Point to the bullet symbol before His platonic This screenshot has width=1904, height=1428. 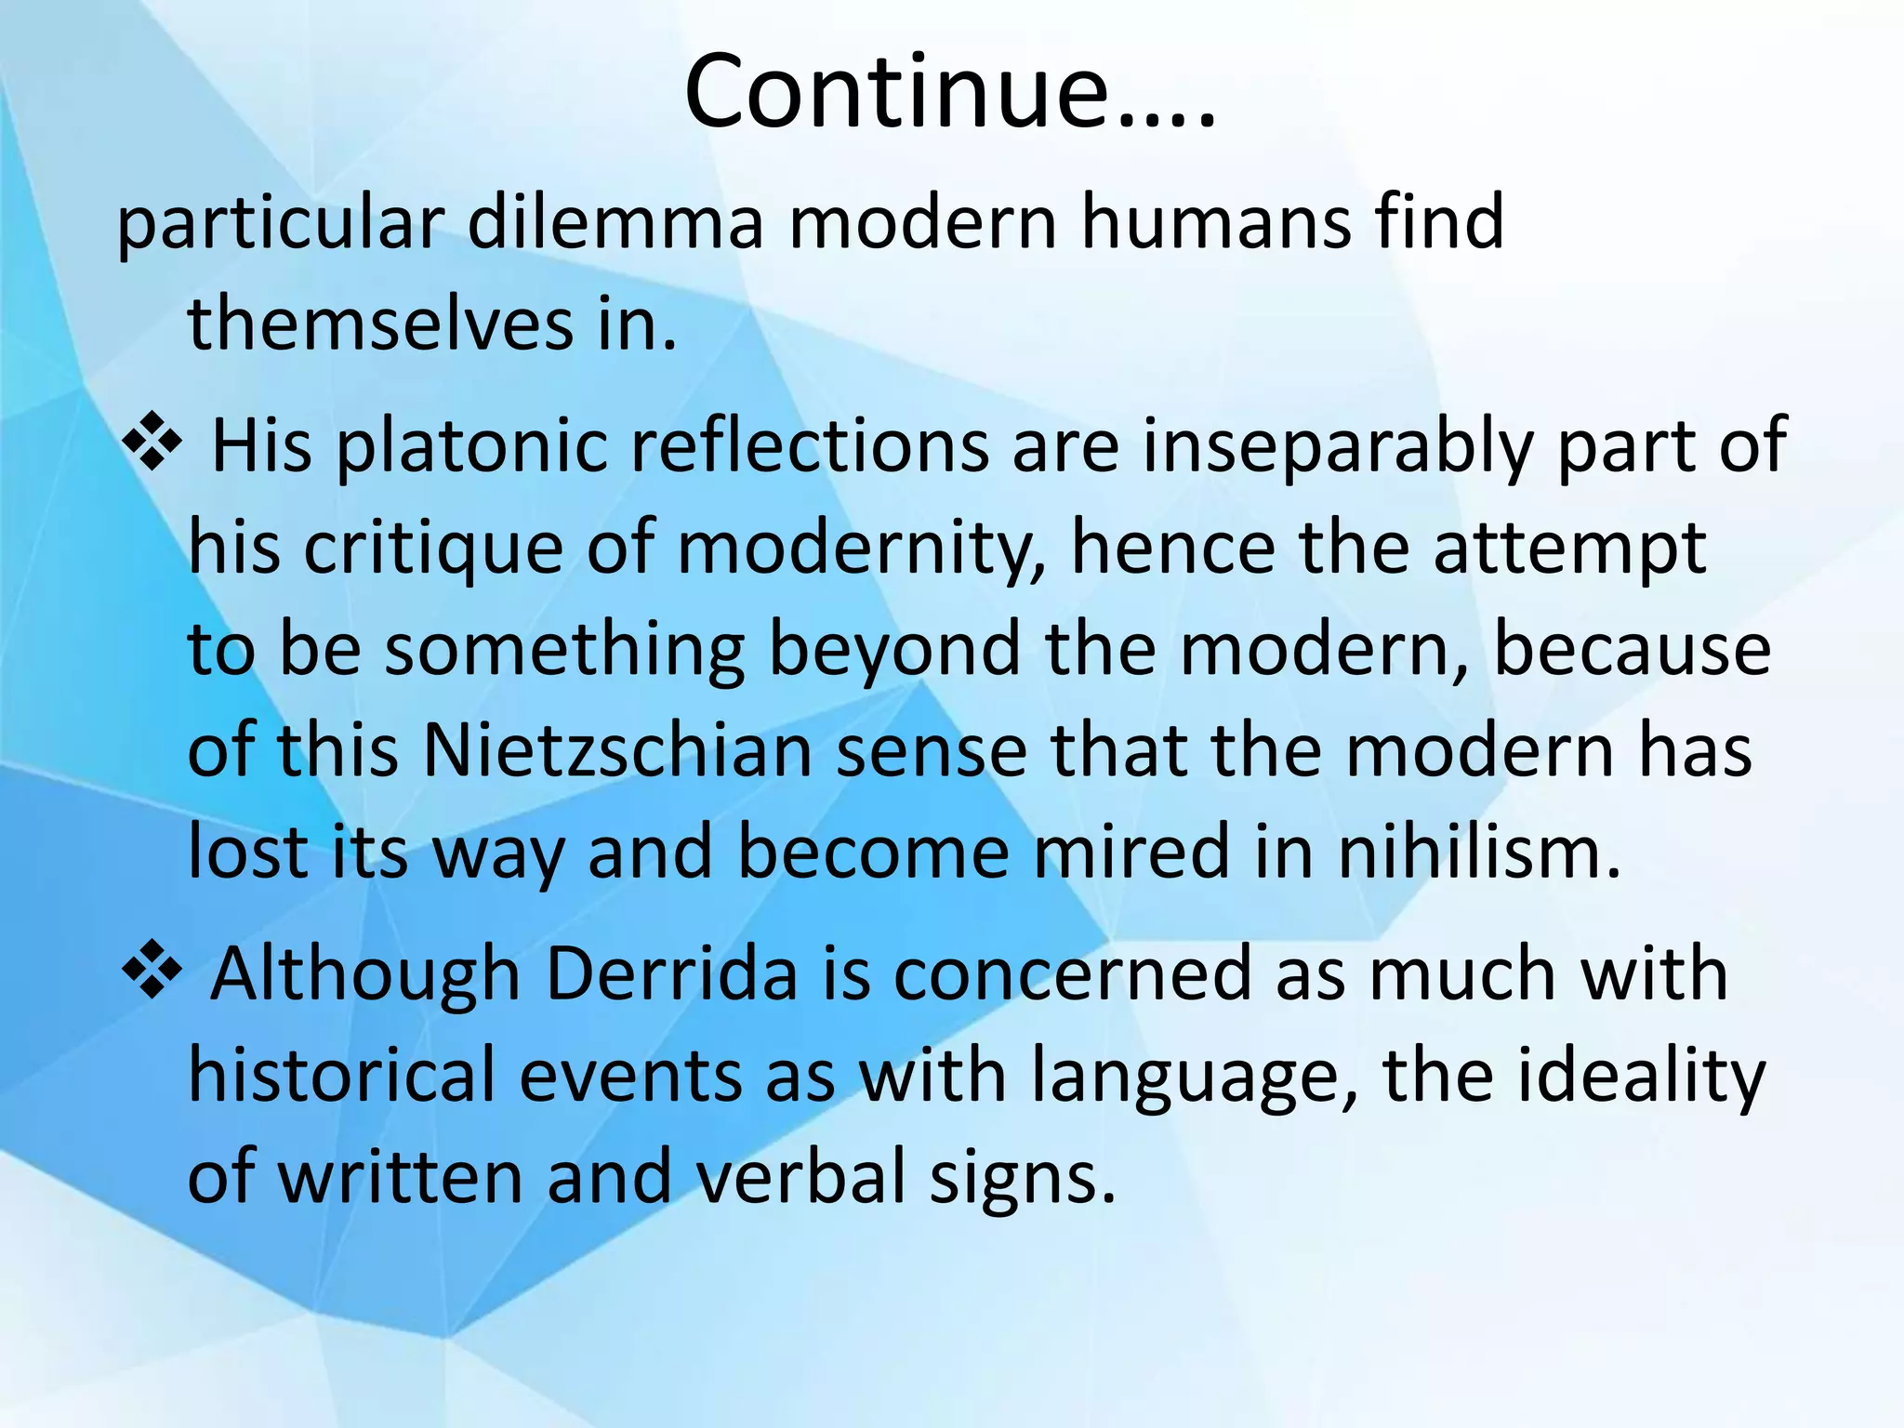tap(152, 441)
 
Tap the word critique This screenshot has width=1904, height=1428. tap(433, 549)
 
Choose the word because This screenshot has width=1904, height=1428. tap(1632, 650)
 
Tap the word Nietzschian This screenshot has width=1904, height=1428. tap(618, 751)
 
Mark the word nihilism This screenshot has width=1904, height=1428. tap(1478, 853)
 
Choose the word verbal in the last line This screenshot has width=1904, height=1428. tap(800, 1177)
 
